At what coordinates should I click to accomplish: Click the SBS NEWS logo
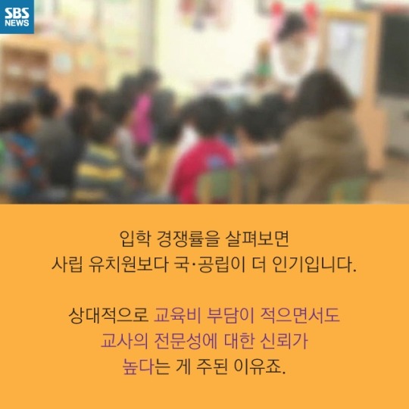coord(17,17)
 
